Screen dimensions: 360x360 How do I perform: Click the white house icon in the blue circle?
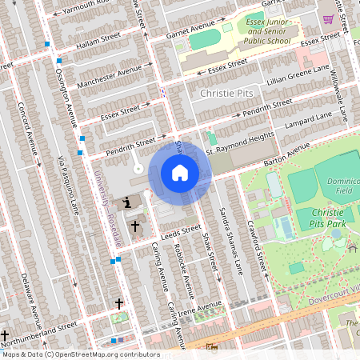(x=180, y=173)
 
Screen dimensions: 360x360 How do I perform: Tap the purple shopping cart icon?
(x=328, y=18)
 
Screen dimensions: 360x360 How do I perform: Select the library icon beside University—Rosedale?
(x=128, y=204)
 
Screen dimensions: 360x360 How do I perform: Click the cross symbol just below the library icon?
(x=135, y=227)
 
